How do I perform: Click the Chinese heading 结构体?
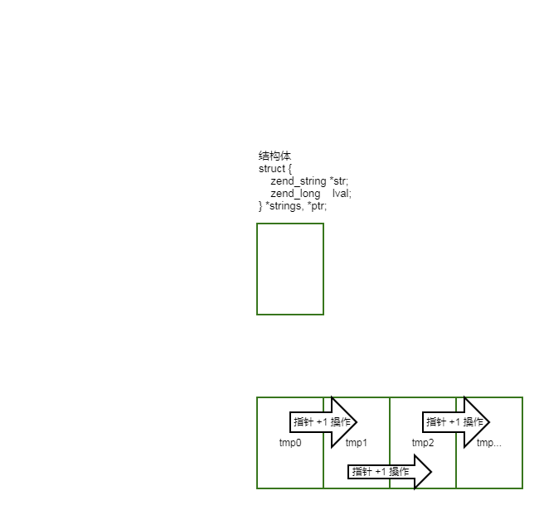coord(274,156)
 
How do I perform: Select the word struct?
coord(271,169)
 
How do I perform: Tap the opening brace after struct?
coord(289,169)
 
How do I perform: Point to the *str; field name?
coord(339,181)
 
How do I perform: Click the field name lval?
coord(342,194)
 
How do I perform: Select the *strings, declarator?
coord(286,206)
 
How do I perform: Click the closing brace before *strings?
coord(260,206)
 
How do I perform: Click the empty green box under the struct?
coord(290,269)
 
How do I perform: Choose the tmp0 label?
coord(290,443)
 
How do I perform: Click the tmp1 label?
coord(357,443)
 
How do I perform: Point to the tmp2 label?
coord(423,443)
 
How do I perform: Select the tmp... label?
coord(488,443)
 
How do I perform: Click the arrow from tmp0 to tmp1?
coord(323,422)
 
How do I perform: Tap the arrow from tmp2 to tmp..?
coord(455,422)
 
